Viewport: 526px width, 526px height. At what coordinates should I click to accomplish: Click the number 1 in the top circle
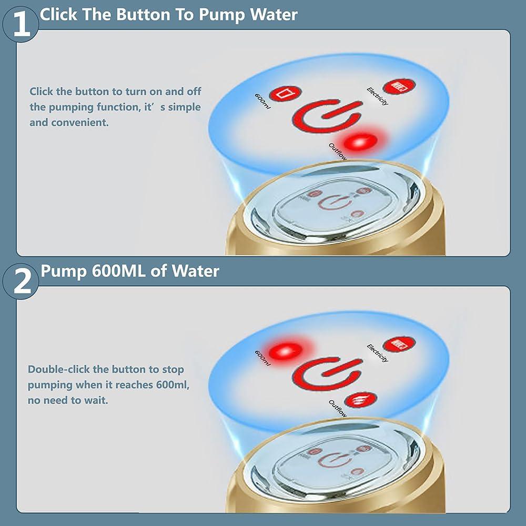[x=21, y=25]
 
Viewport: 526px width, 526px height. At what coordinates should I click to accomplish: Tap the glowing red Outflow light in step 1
[x=360, y=141]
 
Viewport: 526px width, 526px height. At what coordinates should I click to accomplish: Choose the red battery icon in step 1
[x=399, y=86]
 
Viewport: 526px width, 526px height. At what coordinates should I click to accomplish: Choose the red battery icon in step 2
[x=399, y=344]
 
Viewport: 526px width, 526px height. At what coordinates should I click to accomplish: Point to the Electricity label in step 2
[x=378, y=353]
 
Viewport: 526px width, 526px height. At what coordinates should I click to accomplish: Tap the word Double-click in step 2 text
[x=59, y=369]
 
